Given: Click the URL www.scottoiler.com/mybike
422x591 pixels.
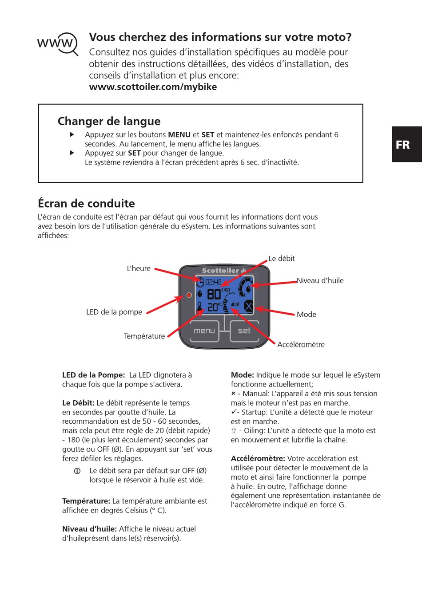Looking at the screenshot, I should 153,87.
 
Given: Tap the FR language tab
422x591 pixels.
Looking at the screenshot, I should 403,145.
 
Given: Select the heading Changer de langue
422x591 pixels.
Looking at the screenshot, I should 109,121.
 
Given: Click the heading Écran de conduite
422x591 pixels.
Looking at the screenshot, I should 86,204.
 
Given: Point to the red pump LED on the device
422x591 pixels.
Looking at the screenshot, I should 189,295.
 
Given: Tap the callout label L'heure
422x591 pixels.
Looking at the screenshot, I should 139,268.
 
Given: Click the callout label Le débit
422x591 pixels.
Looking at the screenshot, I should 282,259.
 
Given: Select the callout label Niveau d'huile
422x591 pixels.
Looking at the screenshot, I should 320,280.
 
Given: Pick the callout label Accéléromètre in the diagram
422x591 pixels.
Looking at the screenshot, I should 301,344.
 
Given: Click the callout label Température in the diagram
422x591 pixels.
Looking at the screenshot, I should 144,336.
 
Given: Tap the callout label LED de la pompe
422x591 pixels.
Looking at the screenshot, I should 114,312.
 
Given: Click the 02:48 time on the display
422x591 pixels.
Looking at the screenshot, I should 213,282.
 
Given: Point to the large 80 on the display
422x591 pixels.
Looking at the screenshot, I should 214,294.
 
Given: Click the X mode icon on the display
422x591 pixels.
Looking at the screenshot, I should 248,306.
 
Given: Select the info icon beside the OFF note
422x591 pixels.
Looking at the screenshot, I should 77,471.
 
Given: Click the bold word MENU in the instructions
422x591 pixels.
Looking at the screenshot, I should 179,134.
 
